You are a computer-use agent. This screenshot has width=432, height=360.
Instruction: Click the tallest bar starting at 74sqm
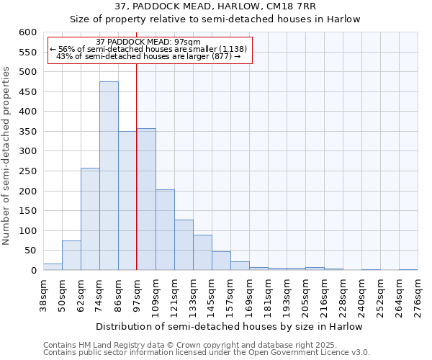[109, 176]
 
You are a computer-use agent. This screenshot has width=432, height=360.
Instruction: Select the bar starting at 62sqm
[90, 219]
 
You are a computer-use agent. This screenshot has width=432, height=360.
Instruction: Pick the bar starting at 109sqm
[165, 230]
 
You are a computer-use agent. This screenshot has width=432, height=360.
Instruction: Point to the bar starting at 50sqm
[71, 256]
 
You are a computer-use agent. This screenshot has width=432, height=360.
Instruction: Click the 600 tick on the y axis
[27, 32]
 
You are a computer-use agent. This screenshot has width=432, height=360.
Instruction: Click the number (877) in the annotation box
[221, 55]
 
